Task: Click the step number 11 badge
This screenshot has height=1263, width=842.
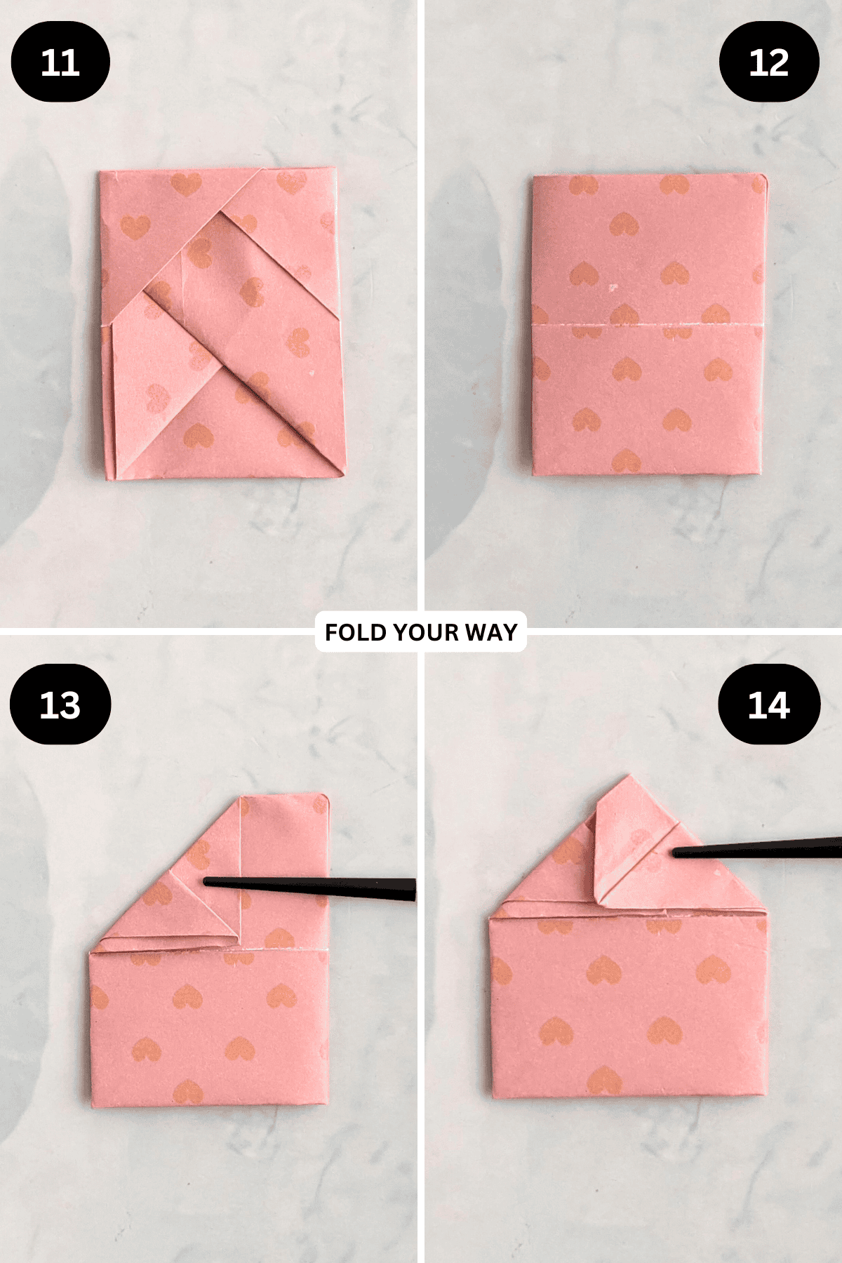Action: pyautogui.click(x=60, y=62)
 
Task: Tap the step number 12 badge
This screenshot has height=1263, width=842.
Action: pyautogui.click(x=769, y=62)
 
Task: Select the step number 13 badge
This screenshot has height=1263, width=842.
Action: pyautogui.click(x=60, y=704)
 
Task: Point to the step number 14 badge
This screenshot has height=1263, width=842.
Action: pyautogui.click(x=769, y=704)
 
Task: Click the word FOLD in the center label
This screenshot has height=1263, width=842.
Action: pyautogui.click(x=356, y=632)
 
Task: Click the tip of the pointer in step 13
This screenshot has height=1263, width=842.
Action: pyautogui.click(x=206, y=881)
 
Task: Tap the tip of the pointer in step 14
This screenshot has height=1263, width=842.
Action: pyautogui.click(x=675, y=853)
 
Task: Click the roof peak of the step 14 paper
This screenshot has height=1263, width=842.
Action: pyautogui.click(x=629, y=777)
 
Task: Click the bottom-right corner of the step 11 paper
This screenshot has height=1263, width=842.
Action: pyautogui.click(x=343, y=476)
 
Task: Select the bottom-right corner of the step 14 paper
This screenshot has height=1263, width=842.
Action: pyautogui.click(x=765, y=1095)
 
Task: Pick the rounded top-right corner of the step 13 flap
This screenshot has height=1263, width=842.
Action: pyautogui.click(x=326, y=797)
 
